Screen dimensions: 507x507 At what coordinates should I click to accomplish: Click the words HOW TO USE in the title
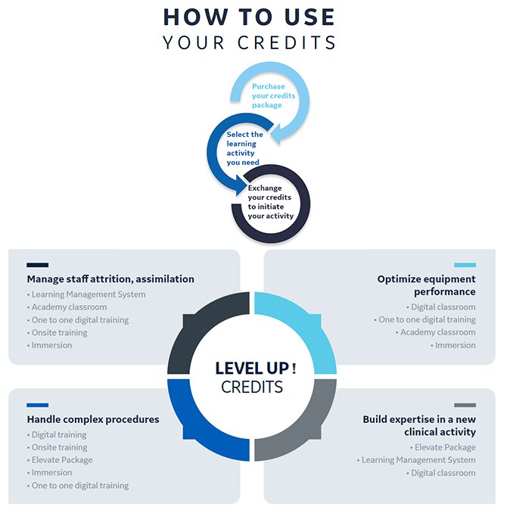point(250,16)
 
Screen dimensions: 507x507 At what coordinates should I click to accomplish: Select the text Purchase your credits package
point(273,96)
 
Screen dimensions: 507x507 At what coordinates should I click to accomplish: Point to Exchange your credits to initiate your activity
point(269,202)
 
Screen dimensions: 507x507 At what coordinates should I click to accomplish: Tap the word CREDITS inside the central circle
point(252,387)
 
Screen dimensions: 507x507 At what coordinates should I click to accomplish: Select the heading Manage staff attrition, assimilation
point(110,279)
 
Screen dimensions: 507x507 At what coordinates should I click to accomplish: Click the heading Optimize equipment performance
point(426,285)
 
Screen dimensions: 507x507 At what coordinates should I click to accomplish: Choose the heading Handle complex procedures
point(93,419)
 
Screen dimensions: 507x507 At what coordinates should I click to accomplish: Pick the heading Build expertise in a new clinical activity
point(419,425)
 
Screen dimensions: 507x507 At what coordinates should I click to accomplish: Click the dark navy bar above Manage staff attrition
point(37,265)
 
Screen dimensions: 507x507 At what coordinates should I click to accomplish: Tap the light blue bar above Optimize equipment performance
point(465,265)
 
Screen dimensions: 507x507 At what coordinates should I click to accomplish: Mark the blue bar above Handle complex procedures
point(37,405)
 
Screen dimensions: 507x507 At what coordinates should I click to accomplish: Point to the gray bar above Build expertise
point(465,405)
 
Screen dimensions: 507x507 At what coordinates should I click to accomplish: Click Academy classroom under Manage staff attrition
point(69,307)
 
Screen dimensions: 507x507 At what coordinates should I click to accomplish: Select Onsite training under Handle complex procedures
point(59,447)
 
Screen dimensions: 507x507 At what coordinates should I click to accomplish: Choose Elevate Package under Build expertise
point(445,447)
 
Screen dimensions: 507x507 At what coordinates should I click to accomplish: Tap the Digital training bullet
point(59,434)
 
